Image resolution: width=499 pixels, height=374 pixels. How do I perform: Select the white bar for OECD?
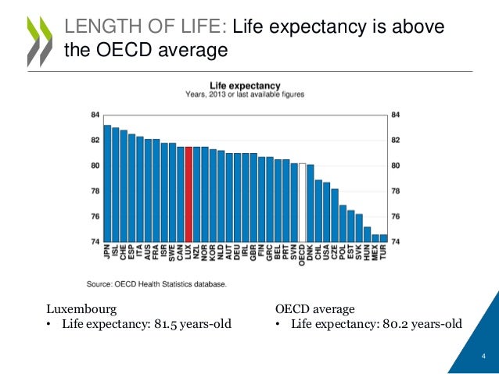pos(302,202)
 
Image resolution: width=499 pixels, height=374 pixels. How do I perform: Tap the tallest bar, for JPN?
pos(107,183)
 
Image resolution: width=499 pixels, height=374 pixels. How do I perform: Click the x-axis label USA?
pos(326,255)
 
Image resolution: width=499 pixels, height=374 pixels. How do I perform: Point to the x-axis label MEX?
pos(375,255)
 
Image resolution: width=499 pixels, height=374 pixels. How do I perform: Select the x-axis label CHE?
pos(124,255)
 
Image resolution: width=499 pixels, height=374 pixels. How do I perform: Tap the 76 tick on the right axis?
pos(396,216)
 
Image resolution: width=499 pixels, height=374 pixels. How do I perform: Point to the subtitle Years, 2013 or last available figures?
pos(245,94)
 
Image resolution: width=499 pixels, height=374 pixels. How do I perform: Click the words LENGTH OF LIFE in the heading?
pos(145,28)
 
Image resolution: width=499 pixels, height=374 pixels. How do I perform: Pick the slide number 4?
pos(483,358)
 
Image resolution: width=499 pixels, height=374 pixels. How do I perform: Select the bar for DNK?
pos(310,203)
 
